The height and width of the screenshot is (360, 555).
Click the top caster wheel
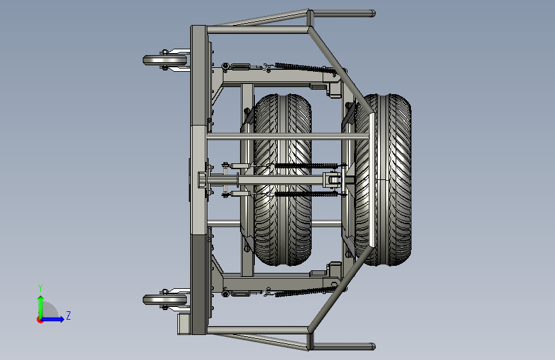click(165, 60)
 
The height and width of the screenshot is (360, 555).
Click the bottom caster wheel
click(165, 300)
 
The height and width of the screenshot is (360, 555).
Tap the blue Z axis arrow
click(52, 319)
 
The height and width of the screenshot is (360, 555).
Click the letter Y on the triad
click(40, 288)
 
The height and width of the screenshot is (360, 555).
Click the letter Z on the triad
click(68, 315)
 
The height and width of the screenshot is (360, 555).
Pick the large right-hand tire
click(383, 179)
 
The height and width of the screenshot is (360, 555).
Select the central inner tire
click(282, 179)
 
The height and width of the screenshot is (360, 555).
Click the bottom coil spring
click(305, 291)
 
